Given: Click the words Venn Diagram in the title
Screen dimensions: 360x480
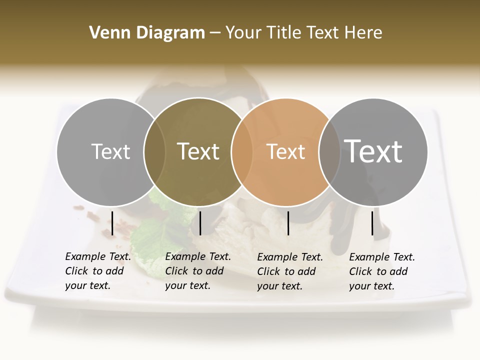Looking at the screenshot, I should point(147,33).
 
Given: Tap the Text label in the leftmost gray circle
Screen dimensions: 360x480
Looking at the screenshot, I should point(110,151).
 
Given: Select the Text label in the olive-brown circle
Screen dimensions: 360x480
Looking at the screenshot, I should point(198,151).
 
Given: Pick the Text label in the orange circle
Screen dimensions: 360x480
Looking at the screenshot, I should point(285,151).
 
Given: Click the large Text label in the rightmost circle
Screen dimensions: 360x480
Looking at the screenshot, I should point(373,151).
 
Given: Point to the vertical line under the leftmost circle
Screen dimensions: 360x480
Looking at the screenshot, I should point(112,223).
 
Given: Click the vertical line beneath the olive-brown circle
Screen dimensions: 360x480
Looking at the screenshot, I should point(200,223).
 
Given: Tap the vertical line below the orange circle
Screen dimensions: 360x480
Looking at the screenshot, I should point(288,223).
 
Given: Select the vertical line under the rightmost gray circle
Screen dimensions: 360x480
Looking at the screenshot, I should point(372,223).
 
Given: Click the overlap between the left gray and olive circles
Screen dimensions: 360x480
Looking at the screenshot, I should point(154,151).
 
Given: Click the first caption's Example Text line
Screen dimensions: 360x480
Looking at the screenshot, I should point(98,256).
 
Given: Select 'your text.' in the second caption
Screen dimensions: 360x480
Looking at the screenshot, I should point(187,285).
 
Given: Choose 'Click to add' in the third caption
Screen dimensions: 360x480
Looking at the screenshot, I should point(286,271).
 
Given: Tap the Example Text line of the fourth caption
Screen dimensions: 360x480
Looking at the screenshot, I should point(382,257).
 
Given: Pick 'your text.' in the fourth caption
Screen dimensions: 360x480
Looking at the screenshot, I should point(371,286).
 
